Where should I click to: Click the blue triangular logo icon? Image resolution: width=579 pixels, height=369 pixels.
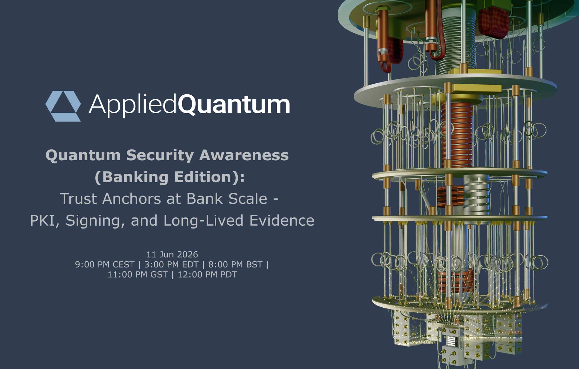click(63, 106)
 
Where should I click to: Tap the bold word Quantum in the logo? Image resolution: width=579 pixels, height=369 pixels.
click(234, 105)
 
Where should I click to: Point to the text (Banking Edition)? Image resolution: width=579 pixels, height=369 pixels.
click(169, 177)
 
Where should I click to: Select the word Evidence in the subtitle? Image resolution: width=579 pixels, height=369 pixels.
click(282, 220)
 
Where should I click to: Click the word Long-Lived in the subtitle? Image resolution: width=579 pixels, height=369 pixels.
click(203, 220)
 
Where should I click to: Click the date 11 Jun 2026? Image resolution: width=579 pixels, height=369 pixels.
click(172, 254)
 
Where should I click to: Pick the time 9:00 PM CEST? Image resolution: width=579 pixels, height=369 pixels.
click(105, 264)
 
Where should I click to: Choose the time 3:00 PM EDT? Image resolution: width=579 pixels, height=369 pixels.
click(171, 264)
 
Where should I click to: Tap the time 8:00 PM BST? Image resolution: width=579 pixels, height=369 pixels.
click(235, 264)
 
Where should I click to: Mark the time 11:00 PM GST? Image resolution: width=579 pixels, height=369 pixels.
click(138, 274)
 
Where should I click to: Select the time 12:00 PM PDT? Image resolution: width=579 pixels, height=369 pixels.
click(207, 274)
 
